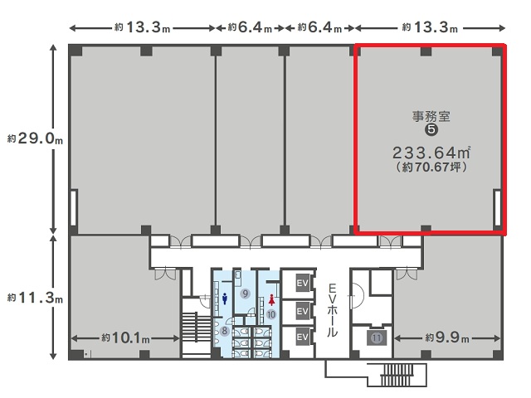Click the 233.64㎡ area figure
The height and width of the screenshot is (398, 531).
click(431, 153)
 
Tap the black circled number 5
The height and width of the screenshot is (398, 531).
click(431, 129)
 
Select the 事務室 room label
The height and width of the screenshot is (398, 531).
click(431, 116)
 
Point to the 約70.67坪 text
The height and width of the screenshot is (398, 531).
click(431, 167)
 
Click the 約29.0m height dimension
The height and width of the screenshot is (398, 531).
click(35, 138)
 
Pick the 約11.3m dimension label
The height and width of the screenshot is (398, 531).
click(35, 298)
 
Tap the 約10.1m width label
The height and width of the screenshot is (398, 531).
click(125, 337)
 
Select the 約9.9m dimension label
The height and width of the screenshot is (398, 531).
click(447, 337)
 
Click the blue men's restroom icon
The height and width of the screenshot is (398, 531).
click(225, 298)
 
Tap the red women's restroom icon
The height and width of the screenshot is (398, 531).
click(271, 300)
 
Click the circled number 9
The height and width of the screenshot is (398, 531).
click(246, 294)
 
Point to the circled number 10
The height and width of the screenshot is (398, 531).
click(271, 315)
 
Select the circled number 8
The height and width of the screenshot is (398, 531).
click(224, 331)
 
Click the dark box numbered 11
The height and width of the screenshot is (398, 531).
click(377, 337)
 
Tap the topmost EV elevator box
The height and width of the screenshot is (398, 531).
click(302, 283)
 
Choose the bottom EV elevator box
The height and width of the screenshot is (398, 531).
click(302, 337)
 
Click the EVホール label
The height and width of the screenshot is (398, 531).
click(332, 310)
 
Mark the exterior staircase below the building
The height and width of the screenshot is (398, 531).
click(397, 375)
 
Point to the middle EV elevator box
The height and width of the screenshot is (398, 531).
click(302, 310)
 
